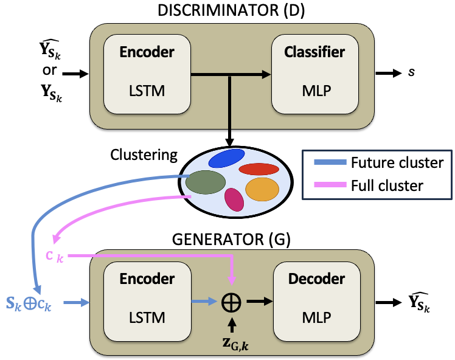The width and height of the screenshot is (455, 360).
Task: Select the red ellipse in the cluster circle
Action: click(259, 168)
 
